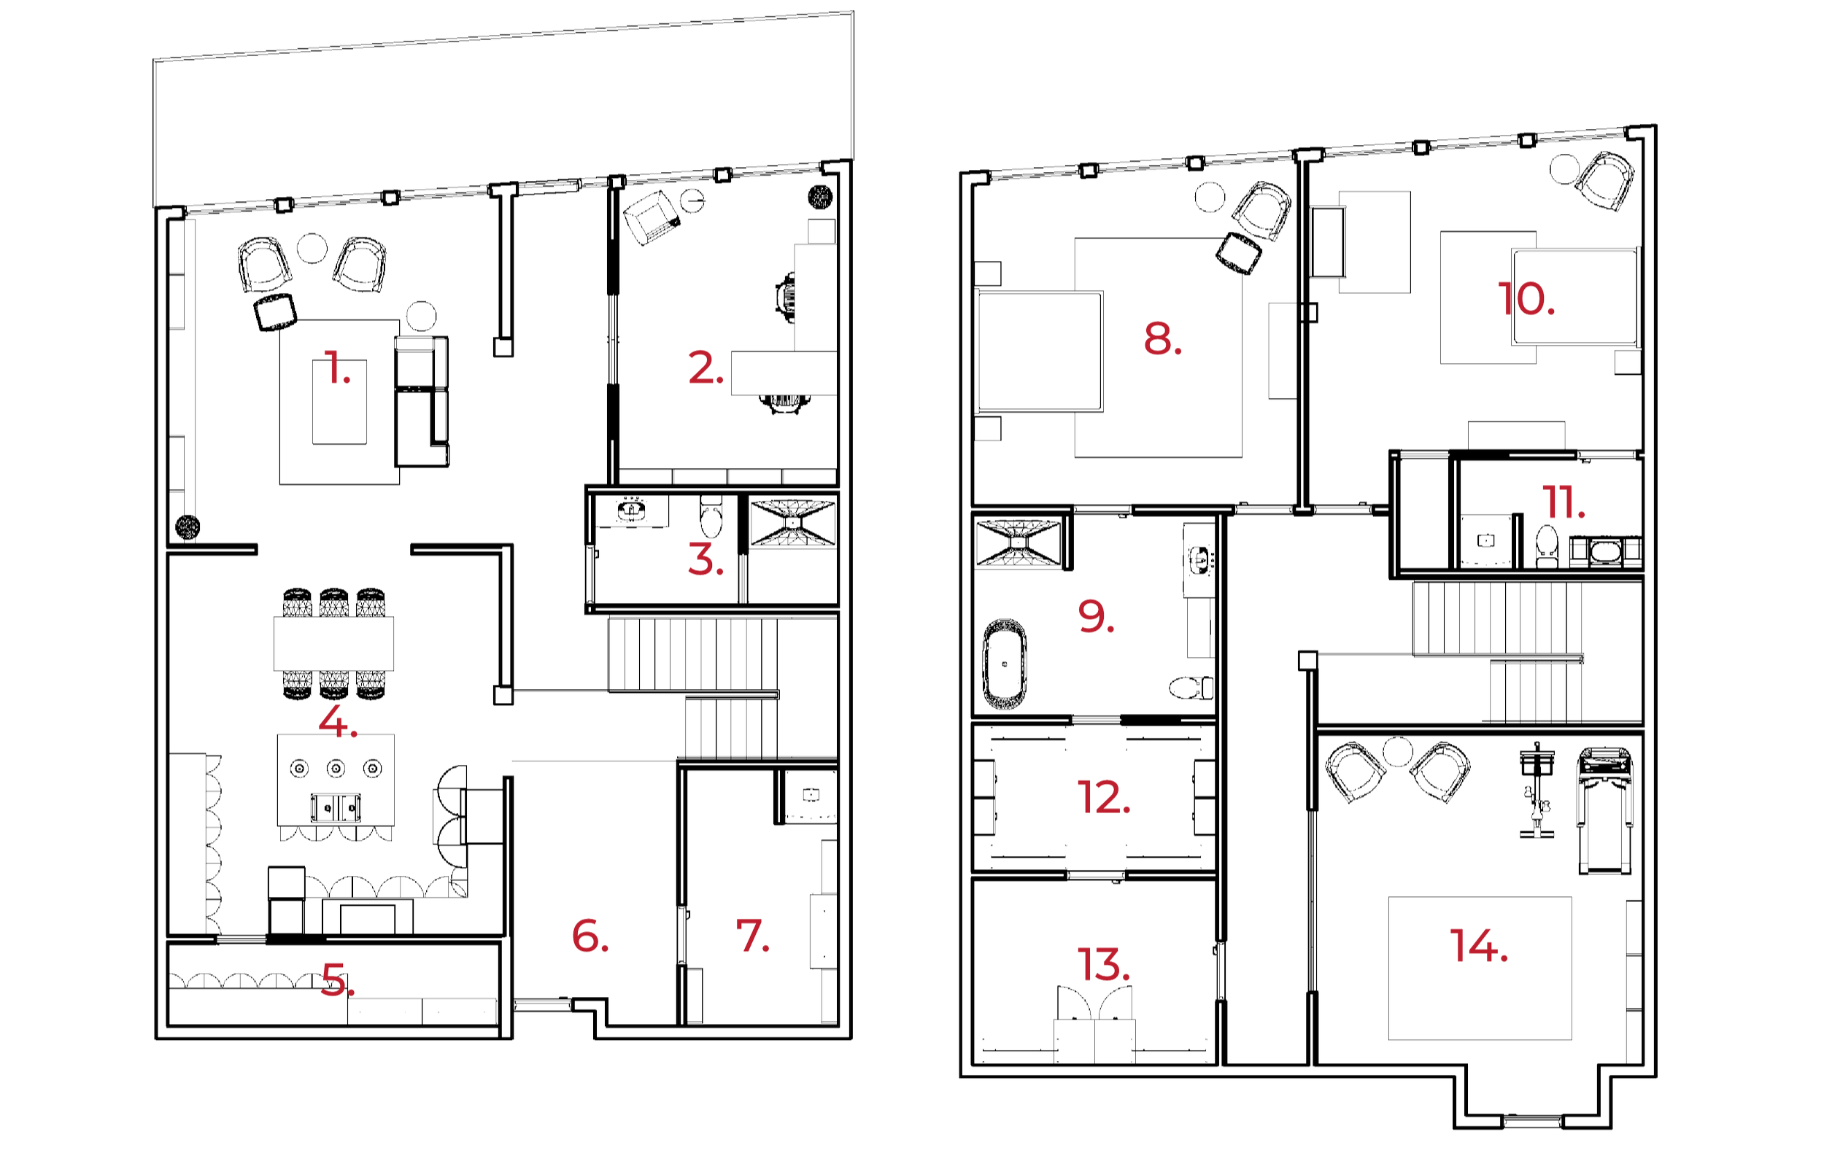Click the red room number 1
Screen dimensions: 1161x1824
click(336, 368)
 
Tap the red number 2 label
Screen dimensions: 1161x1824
click(705, 368)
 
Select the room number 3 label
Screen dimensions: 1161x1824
click(705, 560)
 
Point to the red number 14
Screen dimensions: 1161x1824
click(1478, 946)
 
